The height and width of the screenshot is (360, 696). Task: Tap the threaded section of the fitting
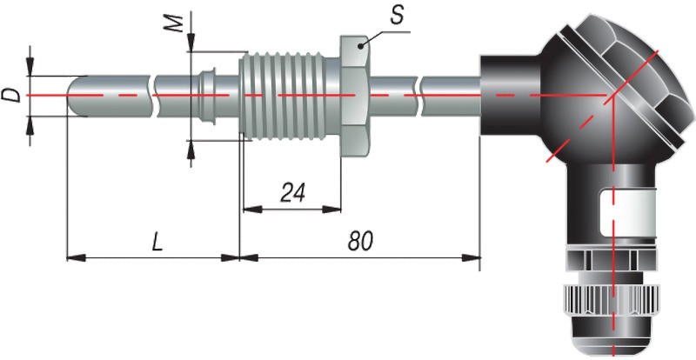(287, 93)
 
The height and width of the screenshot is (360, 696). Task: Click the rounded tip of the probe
(77, 93)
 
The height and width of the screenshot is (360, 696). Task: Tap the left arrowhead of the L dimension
(73, 257)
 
